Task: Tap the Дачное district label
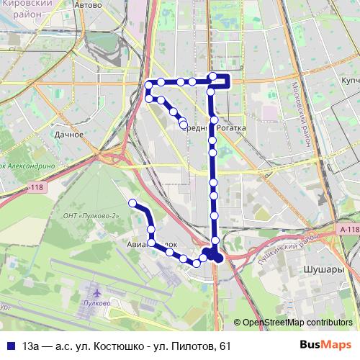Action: click(69, 134)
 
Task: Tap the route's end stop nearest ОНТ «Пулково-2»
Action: click(132, 202)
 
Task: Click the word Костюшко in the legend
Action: click(122, 346)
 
